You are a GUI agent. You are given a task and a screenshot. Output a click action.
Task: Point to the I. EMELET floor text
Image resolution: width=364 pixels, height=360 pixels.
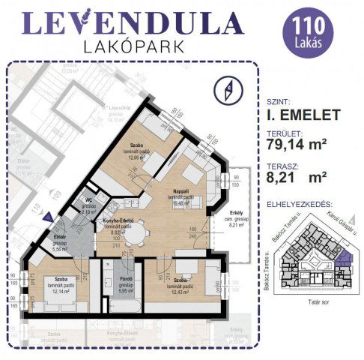tap(303, 115)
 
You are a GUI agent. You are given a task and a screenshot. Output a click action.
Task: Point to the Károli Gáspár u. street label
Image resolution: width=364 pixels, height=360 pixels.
tap(335, 222)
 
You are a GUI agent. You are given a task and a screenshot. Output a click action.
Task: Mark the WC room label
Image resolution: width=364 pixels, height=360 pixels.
tap(88, 201)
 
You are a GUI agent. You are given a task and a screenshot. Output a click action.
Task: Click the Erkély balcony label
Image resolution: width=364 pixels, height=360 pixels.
tap(237, 212)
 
